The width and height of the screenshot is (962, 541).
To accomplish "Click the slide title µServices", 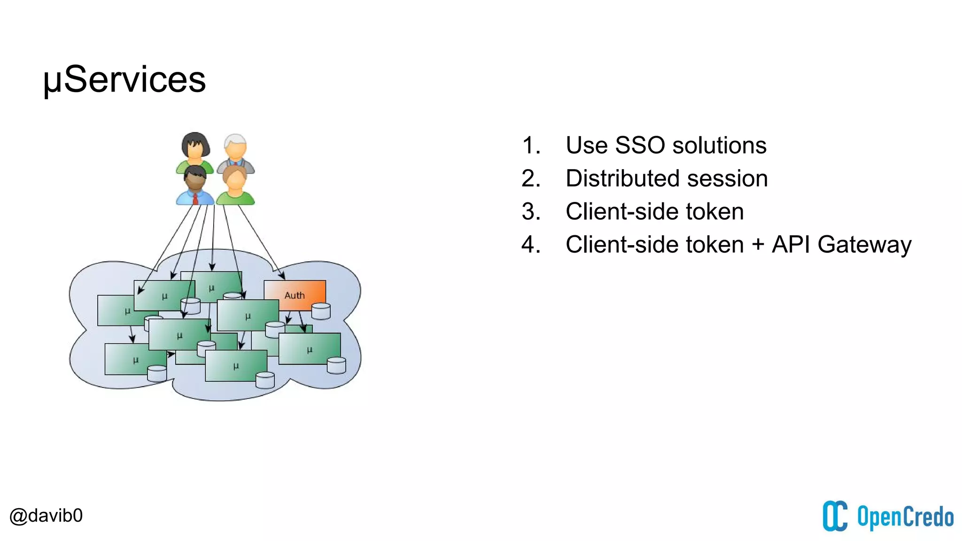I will click(124, 79).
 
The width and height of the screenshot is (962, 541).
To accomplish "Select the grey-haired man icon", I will click(235, 150).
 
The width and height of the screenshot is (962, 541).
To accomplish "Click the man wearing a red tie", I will click(195, 186).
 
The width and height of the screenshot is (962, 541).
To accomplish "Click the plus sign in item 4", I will click(758, 245).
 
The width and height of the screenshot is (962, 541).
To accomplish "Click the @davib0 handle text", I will click(46, 516).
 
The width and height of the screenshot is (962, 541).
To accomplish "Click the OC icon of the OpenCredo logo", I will click(835, 516).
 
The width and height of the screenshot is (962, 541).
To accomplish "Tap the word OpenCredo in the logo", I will click(905, 517).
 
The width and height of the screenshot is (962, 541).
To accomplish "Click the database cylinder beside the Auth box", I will click(321, 311).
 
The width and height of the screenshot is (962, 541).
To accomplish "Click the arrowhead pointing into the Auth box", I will click(282, 276).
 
